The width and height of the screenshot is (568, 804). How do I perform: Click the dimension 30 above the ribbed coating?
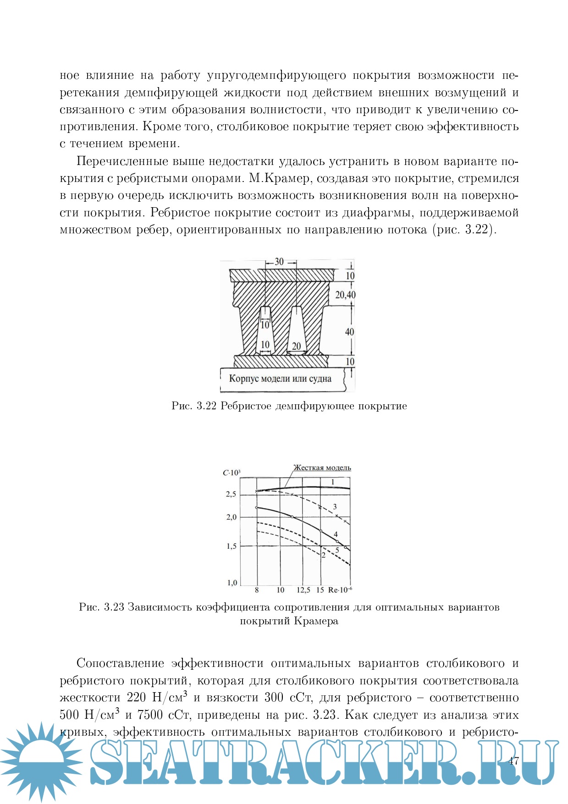click(279, 262)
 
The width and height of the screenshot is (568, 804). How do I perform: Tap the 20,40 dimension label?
click(345, 295)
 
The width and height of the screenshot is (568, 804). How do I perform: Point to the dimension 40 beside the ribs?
click(349, 331)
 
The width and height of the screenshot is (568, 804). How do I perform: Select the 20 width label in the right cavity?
click(297, 346)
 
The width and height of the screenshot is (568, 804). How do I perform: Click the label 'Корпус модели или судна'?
click(280, 379)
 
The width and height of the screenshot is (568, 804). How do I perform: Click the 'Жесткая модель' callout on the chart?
click(322, 468)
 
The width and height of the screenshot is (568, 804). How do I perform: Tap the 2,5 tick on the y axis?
click(231, 494)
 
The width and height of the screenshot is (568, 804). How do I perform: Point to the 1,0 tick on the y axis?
click(232, 583)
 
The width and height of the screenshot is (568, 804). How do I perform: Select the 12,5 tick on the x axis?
click(303, 590)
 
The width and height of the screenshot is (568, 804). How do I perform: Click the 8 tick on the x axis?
click(257, 590)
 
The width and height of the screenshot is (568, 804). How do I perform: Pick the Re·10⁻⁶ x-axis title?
click(340, 590)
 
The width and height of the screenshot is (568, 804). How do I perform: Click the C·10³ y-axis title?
click(232, 473)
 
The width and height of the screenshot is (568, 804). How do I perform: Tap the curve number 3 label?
click(335, 507)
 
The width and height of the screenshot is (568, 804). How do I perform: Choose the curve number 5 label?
click(337, 550)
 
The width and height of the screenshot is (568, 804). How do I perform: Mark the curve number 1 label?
click(333, 482)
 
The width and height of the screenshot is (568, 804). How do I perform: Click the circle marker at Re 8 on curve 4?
click(257, 507)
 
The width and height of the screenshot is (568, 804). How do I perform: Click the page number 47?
click(513, 761)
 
